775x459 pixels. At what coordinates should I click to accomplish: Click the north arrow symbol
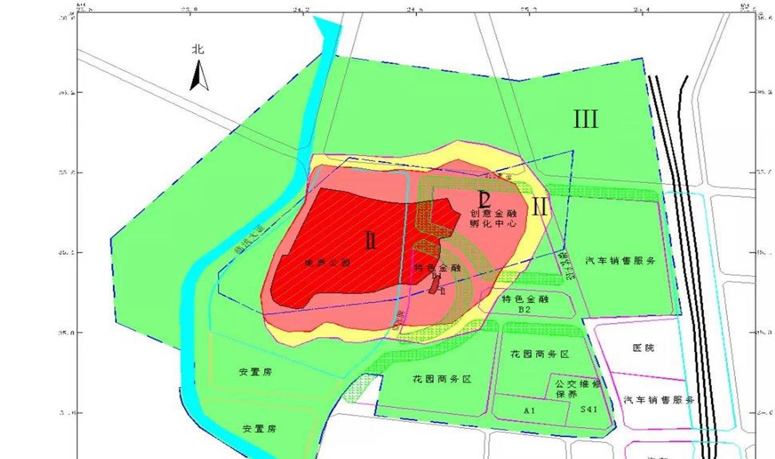(199, 76)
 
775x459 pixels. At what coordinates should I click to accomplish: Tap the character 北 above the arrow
(198, 50)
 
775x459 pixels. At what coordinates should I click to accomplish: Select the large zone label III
(586, 119)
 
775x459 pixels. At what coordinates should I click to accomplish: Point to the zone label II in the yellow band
(539, 207)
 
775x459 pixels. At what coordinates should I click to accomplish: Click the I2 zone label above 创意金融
(485, 199)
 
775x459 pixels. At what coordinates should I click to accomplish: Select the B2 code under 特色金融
(524, 309)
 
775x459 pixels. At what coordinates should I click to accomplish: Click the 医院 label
(643, 348)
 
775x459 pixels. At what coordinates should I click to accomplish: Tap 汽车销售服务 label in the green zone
(621, 260)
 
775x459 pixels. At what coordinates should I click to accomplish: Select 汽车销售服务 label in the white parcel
(659, 400)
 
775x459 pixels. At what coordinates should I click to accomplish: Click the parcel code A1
(529, 411)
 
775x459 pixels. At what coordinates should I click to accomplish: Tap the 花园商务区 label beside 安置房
(441, 380)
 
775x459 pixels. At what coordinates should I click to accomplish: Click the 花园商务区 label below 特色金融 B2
(539, 355)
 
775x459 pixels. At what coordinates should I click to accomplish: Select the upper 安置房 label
(255, 372)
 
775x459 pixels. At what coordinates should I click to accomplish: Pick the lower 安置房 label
(259, 429)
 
